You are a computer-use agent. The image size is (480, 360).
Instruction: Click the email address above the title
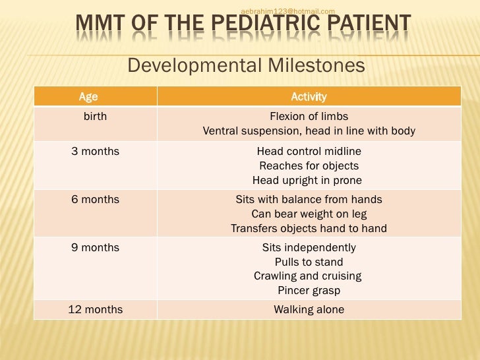pos(288,11)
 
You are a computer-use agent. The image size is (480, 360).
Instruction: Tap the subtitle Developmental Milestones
pos(245,65)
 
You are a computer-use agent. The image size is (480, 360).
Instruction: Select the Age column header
pos(88,97)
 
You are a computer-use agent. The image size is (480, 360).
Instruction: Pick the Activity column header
pos(309,97)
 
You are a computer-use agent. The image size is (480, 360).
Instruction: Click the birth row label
pos(95,117)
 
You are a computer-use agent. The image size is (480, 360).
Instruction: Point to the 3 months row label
pos(95,151)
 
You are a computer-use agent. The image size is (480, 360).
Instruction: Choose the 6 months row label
pos(95,199)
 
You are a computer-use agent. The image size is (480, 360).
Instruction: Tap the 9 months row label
pos(95,247)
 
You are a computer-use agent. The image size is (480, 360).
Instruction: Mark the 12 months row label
pos(95,309)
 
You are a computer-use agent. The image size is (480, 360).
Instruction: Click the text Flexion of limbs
pos(309,117)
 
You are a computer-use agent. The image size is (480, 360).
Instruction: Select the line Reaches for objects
pos(309,165)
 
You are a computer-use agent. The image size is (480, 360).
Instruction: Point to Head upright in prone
pos(307,180)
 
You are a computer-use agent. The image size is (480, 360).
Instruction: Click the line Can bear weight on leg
pos(309,214)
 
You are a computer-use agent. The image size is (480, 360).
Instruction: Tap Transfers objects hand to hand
pos(309,228)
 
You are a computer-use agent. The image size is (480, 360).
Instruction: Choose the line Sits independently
pos(309,247)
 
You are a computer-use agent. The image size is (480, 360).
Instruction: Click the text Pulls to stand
pos(309,262)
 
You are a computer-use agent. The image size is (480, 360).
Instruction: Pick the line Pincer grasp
pos(309,290)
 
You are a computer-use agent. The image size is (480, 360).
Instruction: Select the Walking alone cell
pos(309,309)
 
